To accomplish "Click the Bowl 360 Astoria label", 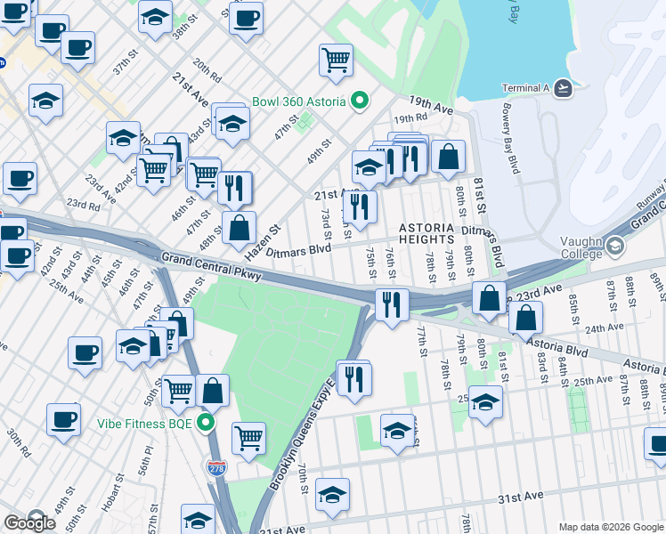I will (298, 101).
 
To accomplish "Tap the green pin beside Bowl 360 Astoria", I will (360, 101).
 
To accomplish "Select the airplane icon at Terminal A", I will (562, 87).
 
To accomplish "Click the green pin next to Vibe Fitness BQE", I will (207, 422).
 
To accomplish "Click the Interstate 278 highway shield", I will (215, 467).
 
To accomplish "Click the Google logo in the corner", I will (29, 522).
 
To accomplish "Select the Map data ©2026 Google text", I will (611, 527).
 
